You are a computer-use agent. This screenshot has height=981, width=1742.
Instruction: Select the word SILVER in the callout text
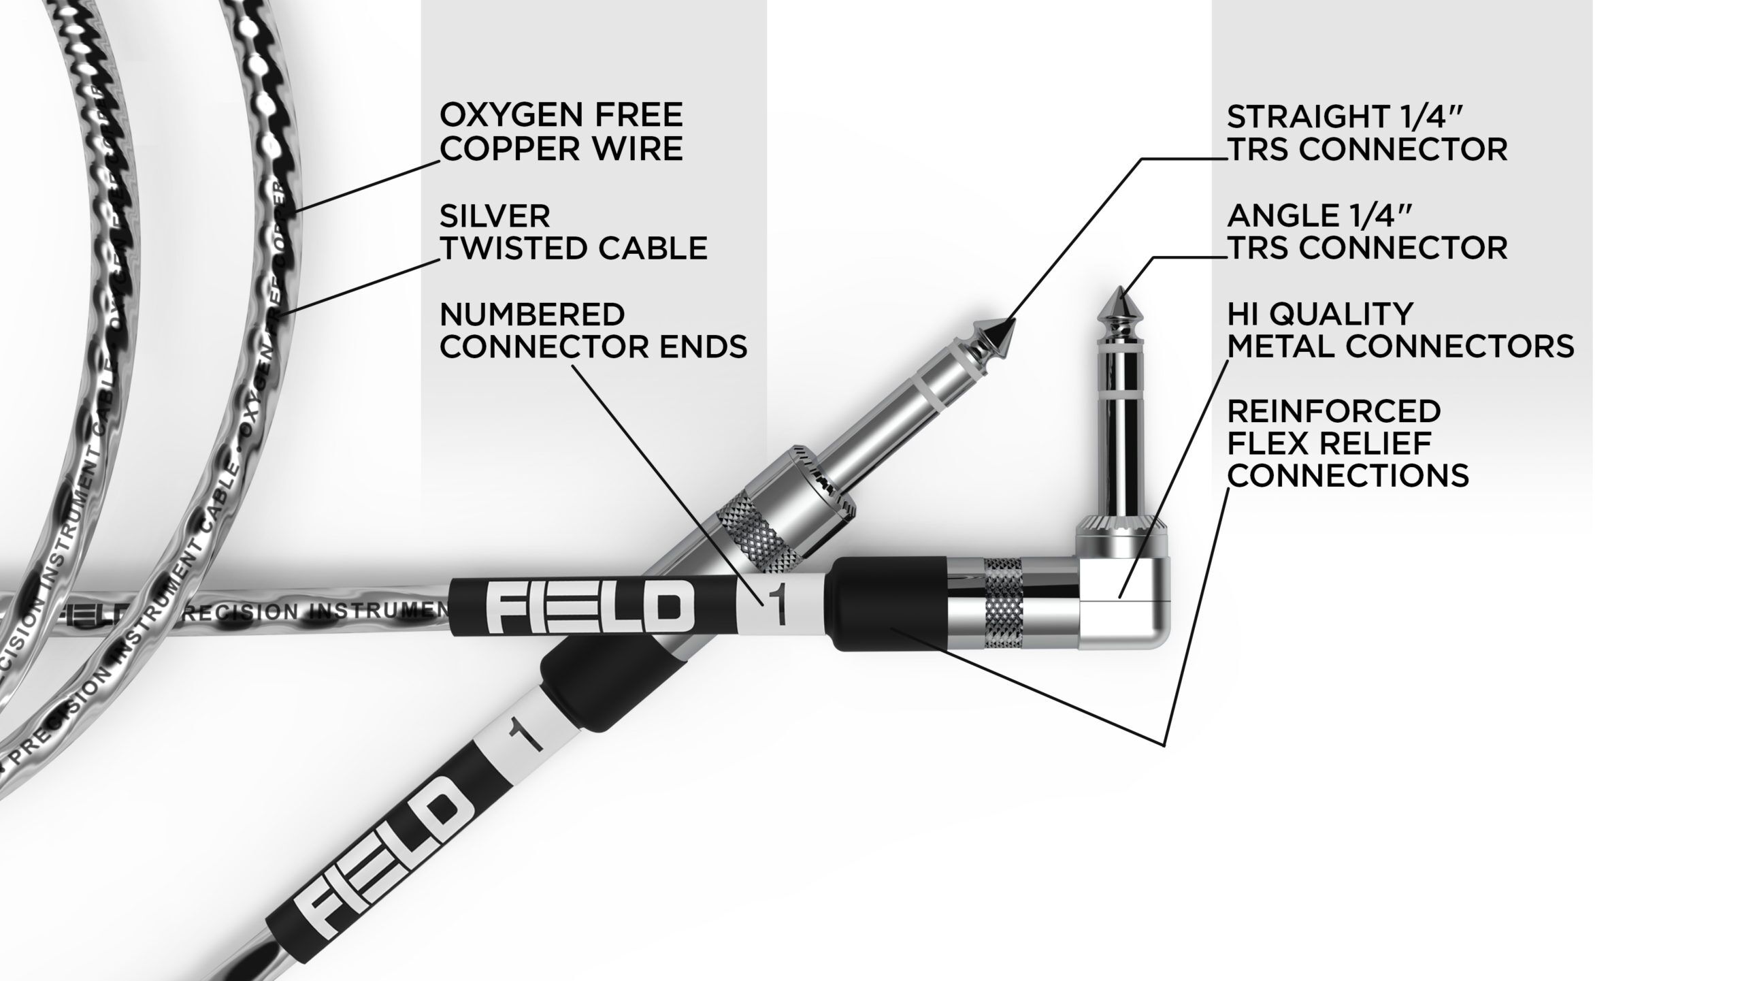[495, 216]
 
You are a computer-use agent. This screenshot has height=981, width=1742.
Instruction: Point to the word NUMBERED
[532, 315]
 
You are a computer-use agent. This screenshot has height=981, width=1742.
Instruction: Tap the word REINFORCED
[1334, 411]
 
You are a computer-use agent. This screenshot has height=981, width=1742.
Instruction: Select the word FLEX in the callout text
[1266, 443]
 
